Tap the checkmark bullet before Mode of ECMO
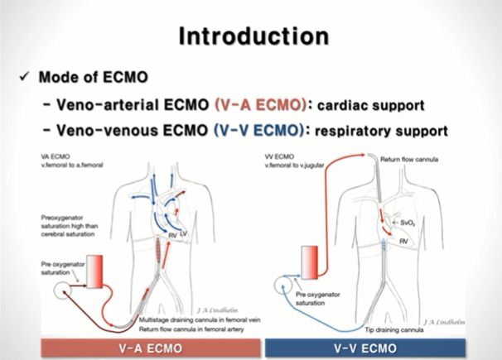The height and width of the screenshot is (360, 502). pos(25,78)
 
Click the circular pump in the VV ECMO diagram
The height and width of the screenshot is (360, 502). pos(284,291)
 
